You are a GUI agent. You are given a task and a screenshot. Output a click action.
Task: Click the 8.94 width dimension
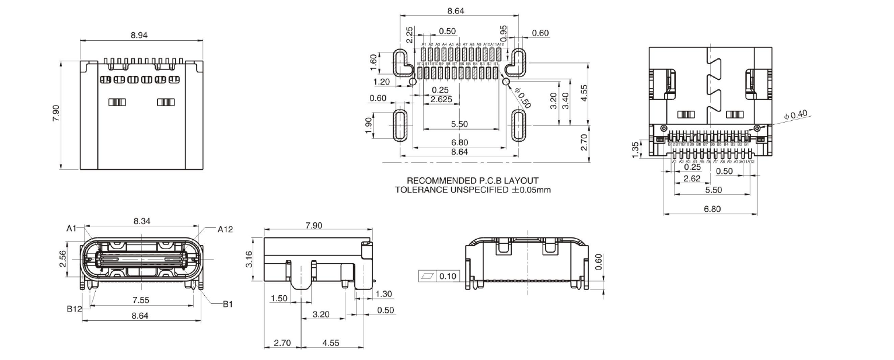pos(139,35)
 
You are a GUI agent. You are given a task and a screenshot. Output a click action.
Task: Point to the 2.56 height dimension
pos(63,258)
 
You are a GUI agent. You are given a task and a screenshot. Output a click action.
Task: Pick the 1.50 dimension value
pos(280,299)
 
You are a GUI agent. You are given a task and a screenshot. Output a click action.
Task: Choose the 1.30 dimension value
pos(385,294)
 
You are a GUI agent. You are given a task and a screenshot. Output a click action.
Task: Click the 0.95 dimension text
pos(504,33)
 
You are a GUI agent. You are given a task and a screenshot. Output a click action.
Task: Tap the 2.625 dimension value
pos(441,100)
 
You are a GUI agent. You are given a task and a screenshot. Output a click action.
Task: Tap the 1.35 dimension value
pos(636,148)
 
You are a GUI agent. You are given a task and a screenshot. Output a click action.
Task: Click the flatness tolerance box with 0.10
pos(438,275)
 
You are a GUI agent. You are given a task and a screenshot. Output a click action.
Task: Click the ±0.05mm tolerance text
pos(530,190)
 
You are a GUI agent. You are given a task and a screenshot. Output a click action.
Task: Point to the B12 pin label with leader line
pos(74,309)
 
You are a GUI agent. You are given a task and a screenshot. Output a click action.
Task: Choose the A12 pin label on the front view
pos(225,229)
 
